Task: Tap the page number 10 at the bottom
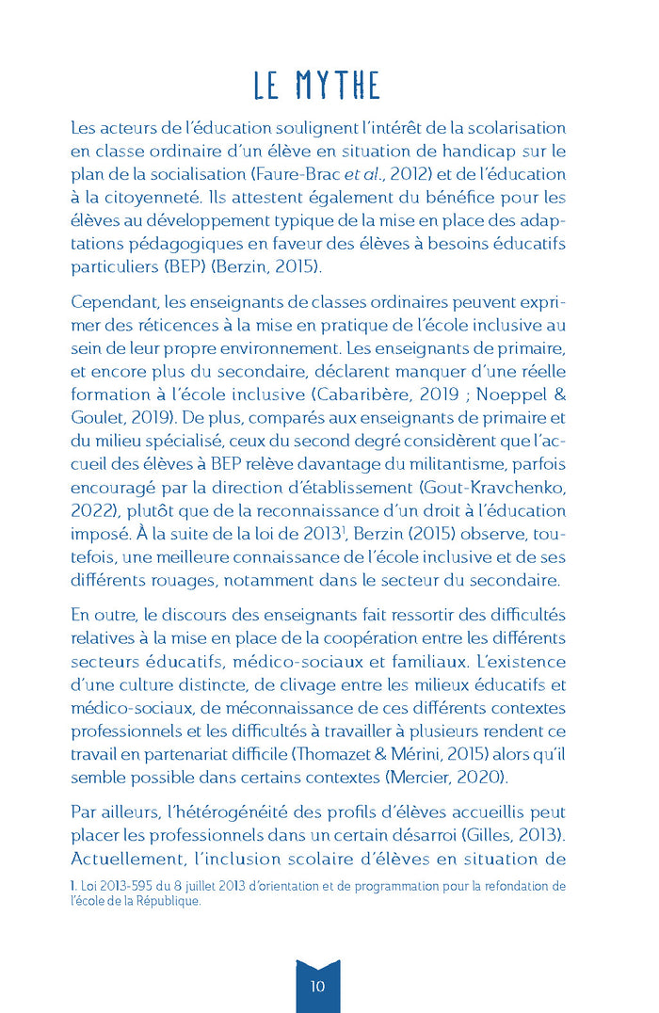click(x=317, y=986)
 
